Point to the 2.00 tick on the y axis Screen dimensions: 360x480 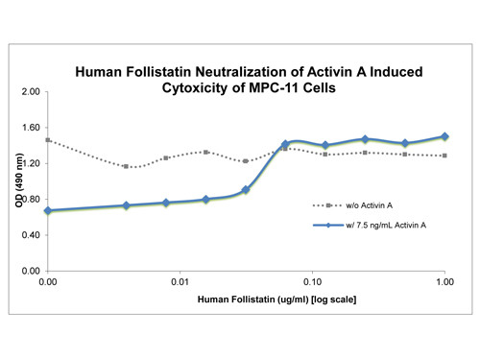[x=29, y=92]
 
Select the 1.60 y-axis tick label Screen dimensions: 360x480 [x=29, y=128]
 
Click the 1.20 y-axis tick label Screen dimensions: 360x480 [x=29, y=164]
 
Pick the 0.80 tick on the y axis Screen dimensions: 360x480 [x=29, y=200]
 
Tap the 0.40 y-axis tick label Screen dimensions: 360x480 [x=29, y=236]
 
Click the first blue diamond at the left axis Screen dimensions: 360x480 [x=47, y=210]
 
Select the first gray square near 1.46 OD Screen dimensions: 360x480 [x=47, y=140]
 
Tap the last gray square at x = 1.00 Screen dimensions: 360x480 [x=444, y=156]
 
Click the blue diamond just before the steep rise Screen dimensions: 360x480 [x=246, y=190]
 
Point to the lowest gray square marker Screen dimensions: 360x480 [x=127, y=166]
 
